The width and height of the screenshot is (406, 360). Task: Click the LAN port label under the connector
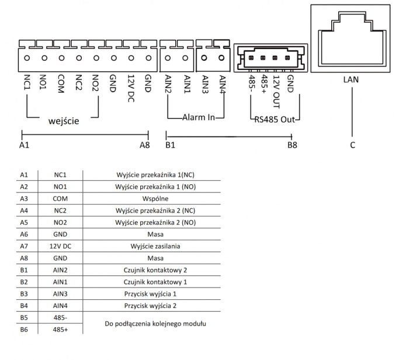tap(351, 79)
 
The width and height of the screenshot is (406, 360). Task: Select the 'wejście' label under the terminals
tap(63, 121)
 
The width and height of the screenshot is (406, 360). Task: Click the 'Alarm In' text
tap(199, 117)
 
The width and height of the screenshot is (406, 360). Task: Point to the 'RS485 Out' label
tap(275, 120)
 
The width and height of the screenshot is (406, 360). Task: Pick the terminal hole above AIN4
tap(221, 57)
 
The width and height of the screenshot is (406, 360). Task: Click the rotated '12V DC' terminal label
tap(131, 88)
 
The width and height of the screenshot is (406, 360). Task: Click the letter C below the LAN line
tap(352, 145)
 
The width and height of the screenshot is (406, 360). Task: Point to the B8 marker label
tap(292, 145)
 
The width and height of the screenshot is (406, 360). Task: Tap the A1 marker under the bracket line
tap(24, 145)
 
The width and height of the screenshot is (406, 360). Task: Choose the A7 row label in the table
tap(24, 246)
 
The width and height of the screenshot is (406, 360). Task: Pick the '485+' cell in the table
tap(60, 330)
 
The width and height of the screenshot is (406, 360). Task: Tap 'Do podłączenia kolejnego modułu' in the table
tap(155, 323)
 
